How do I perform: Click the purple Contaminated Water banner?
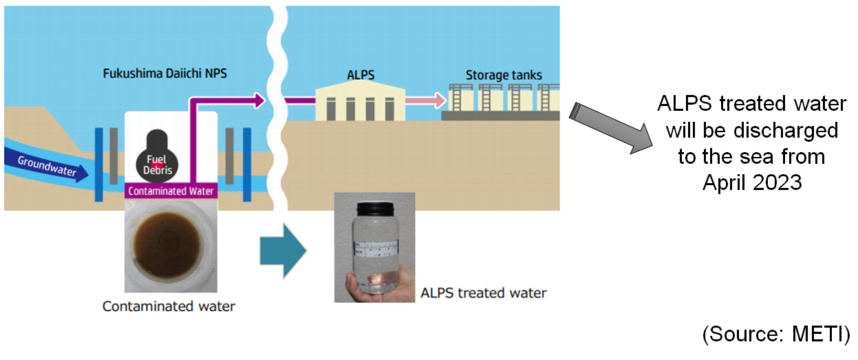[x=171, y=191]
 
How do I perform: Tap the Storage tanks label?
[x=503, y=74]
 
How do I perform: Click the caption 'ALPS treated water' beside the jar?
[x=483, y=293]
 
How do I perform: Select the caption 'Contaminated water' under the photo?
[x=169, y=306]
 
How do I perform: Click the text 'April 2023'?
[x=752, y=183]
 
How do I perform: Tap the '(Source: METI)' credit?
[x=776, y=335]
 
